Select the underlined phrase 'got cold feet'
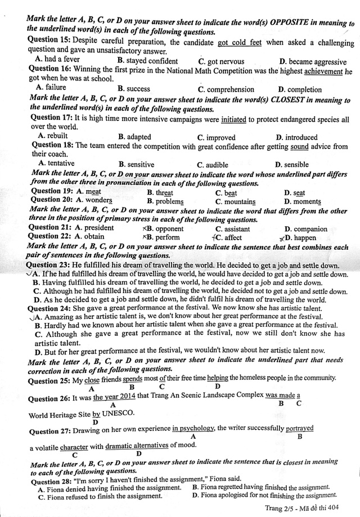click(x=240, y=42)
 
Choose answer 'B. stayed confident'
click(x=147, y=61)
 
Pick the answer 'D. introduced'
click(x=296, y=137)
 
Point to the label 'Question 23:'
click(x=49, y=265)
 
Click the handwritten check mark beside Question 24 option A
click(x=29, y=317)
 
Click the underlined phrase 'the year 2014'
click(x=113, y=397)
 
